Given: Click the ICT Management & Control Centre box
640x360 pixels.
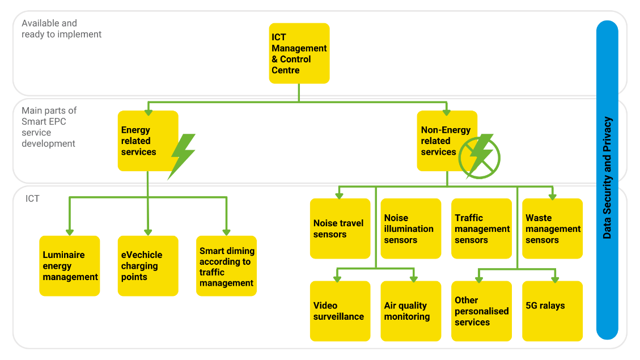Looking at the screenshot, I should [299, 53].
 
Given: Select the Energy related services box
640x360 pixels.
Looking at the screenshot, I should [147, 141].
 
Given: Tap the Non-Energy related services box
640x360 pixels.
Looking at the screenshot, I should [447, 141].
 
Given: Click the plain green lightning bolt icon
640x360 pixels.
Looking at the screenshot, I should [182, 156].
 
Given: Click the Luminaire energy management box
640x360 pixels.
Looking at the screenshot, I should [70, 266].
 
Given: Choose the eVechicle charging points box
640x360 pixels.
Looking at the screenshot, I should [147, 266].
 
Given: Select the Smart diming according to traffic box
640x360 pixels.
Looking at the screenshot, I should [226, 266].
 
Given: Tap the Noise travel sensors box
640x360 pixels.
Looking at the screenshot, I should [340, 228].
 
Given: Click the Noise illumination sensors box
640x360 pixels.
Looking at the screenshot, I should [410, 228].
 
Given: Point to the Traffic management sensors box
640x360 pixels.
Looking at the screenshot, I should [481, 228].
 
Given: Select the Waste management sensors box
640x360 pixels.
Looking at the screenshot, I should [552, 228].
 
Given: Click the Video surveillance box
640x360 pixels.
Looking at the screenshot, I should [340, 311].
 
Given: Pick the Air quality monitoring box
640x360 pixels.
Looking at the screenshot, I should [410, 311].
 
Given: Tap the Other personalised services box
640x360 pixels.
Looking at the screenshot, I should [481, 311].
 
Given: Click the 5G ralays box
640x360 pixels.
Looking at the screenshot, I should [552, 311].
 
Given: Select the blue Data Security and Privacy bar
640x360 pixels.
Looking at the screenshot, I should [607, 179].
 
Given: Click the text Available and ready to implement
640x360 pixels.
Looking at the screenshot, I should [61, 29].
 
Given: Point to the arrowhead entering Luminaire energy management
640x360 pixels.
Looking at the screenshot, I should [70, 232].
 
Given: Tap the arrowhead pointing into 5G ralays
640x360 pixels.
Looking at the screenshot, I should [555, 279].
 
